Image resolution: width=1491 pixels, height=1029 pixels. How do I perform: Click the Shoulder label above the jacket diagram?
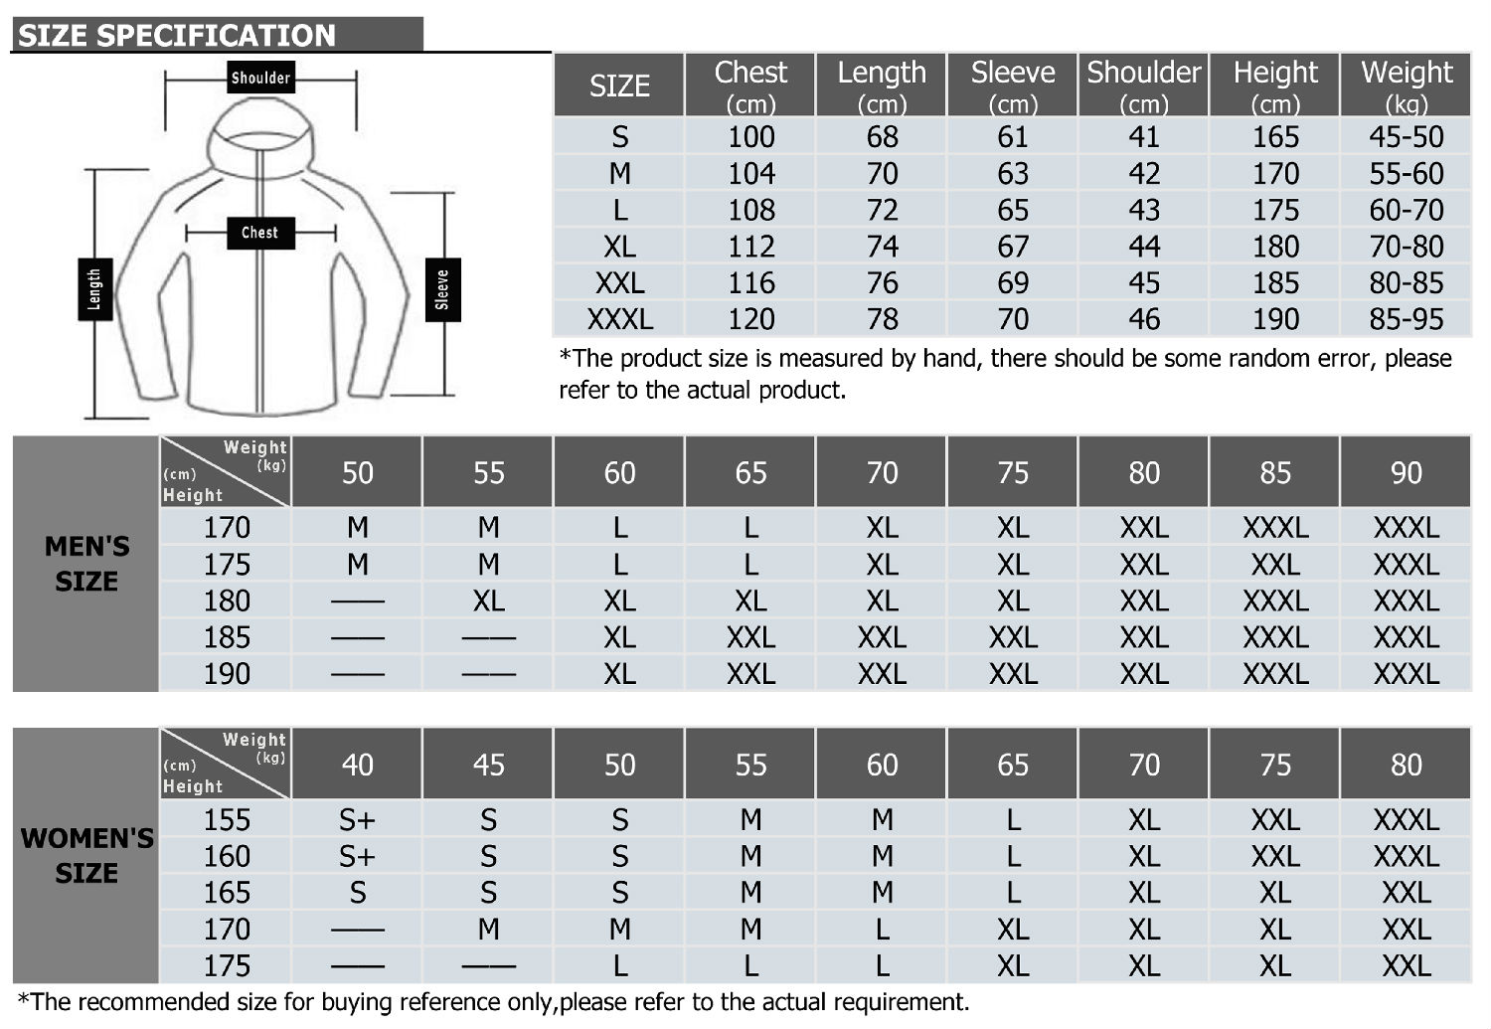[260, 78]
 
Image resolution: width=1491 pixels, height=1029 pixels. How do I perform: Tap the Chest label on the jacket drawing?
[259, 233]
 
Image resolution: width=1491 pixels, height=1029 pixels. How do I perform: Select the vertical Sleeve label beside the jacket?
[442, 289]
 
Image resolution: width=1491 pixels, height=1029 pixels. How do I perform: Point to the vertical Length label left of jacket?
[94, 289]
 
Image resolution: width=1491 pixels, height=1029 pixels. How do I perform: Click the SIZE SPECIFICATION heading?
[177, 36]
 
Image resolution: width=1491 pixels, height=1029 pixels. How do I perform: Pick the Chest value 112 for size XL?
[750, 247]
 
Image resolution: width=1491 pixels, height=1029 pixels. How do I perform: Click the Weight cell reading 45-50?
[1406, 137]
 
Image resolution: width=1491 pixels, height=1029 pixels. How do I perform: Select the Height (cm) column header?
[1274, 86]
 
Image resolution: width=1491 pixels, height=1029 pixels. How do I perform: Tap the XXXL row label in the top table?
[619, 319]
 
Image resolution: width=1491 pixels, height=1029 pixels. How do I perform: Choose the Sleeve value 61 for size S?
[1013, 137]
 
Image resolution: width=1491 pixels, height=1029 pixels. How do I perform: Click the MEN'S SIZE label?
[86, 564]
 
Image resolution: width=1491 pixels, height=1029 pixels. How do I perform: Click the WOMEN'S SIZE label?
[86, 855]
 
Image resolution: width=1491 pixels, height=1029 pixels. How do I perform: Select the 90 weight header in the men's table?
[1406, 473]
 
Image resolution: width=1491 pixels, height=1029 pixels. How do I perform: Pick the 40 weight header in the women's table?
[358, 765]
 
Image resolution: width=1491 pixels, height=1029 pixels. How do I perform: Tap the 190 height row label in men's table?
[227, 674]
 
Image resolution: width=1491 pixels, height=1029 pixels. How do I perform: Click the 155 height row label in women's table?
[227, 820]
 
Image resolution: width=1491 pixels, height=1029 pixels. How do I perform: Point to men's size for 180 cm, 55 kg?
[488, 601]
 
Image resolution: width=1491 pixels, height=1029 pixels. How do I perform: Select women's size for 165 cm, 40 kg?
[358, 893]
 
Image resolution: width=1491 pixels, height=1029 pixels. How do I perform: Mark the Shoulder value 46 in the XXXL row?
[1143, 319]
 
